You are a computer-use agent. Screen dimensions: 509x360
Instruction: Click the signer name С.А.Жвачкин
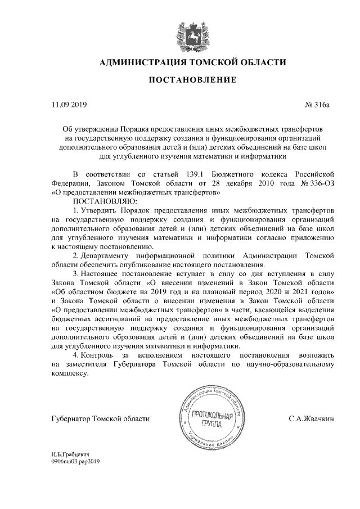click(312, 418)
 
